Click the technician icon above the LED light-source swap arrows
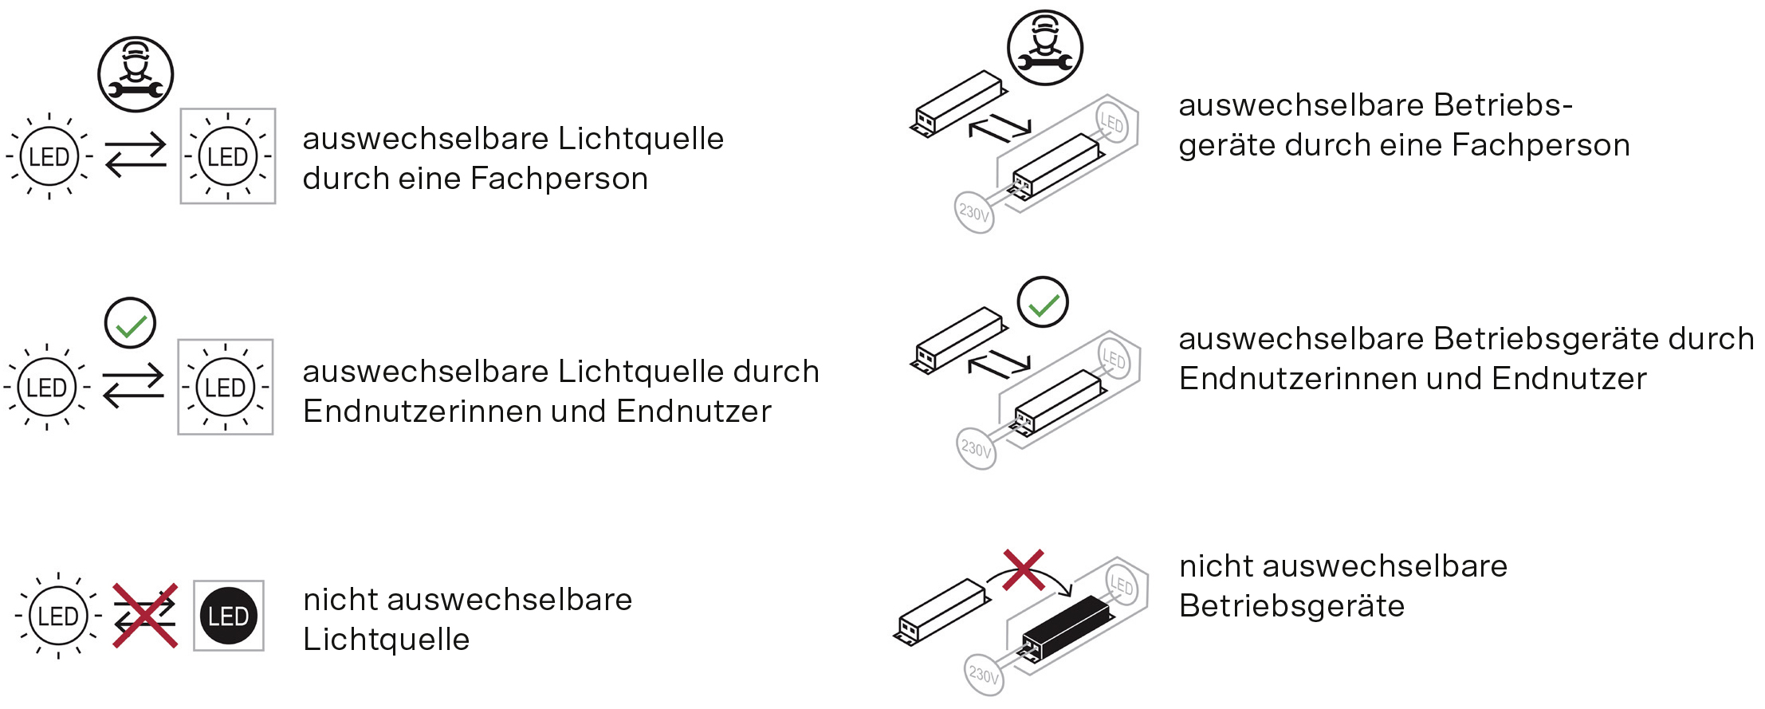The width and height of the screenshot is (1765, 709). tap(136, 74)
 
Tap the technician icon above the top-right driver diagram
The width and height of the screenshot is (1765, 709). tap(1045, 48)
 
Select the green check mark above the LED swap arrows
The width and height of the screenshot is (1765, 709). tap(131, 324)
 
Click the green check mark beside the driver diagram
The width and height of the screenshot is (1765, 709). tap(1043, 303)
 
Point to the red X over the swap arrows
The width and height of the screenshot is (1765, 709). tap(145, 615)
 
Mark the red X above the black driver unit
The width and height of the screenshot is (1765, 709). tap(1024, 569)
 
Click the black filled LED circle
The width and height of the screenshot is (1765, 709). tap(229, 616)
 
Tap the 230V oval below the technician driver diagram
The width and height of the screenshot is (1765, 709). tap(974, 212)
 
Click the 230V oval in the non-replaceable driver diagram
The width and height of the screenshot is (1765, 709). tap(984, 676)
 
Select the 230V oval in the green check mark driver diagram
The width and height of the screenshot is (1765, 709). tap(976, 448)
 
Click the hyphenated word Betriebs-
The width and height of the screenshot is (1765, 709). tap(1503, 105)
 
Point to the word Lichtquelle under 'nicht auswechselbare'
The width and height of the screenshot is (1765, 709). tap(387, 640)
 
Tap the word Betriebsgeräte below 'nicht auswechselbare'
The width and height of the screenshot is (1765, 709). tap(1291, 606)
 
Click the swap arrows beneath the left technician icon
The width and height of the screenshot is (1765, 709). tap(136, 156)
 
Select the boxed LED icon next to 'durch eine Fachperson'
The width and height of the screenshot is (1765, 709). tap(228, 156)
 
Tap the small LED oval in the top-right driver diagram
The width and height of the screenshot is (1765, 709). tap(1111, 123)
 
